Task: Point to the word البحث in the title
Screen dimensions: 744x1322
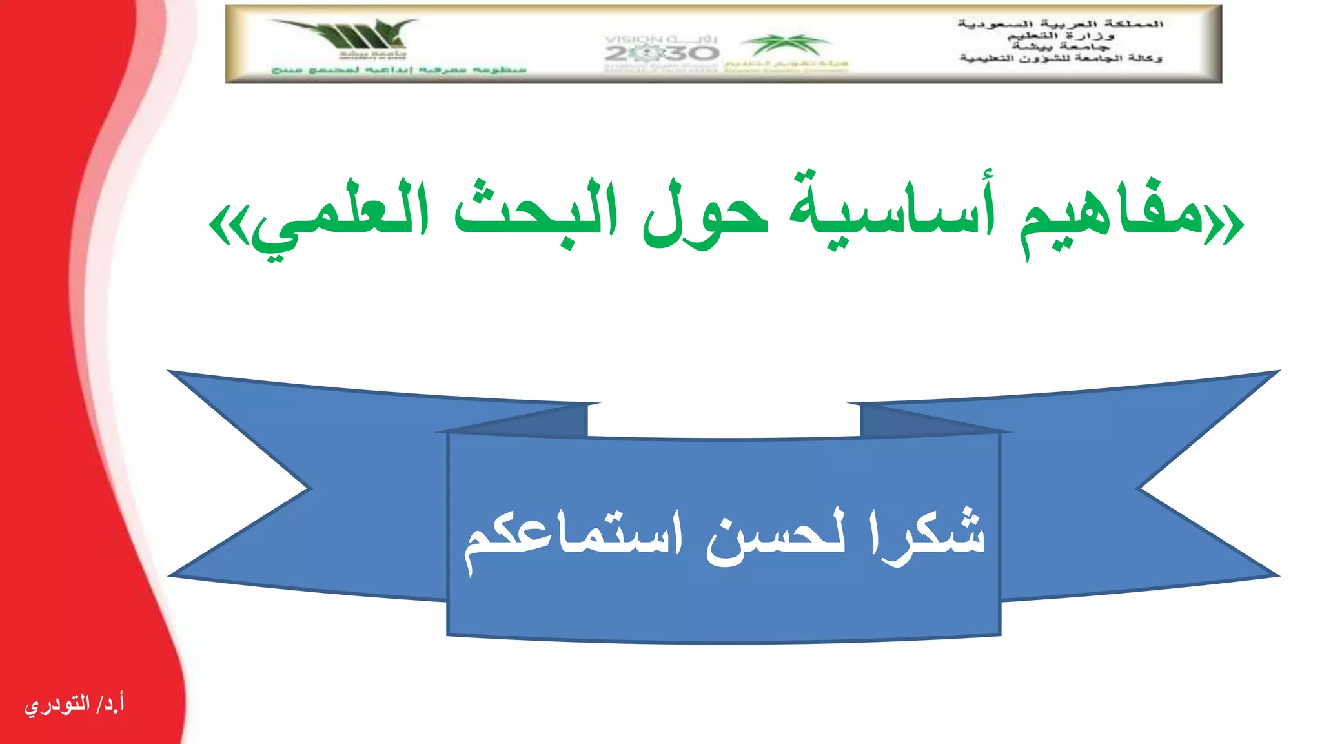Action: [536, 210]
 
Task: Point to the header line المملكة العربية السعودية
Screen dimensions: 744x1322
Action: [1061, 24]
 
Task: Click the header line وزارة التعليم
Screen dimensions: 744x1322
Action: [1061, 36]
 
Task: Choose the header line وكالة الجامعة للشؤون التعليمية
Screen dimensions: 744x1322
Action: [1061, 59]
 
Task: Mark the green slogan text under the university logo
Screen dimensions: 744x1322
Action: [399, 69]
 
